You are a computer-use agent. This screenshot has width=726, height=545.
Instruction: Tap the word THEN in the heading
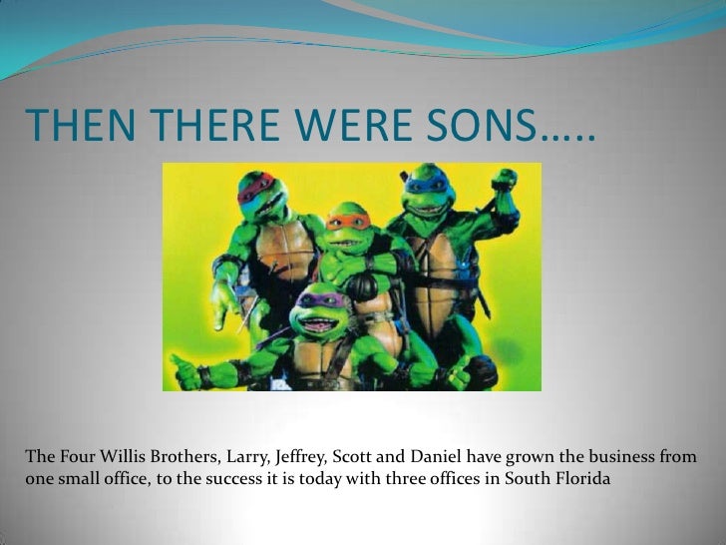68,127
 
